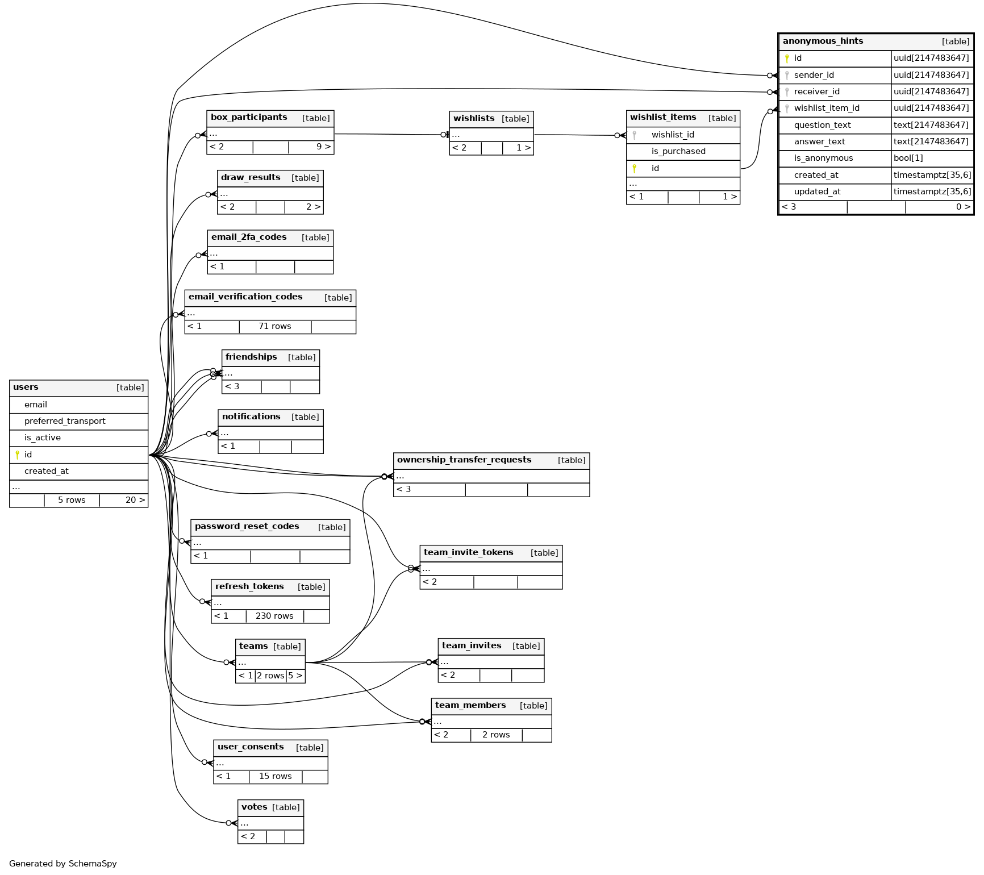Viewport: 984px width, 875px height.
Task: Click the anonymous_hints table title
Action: [823, 41]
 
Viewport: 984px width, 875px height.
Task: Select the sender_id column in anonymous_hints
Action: [814, 75]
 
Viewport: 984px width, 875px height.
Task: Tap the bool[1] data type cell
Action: [908, 158]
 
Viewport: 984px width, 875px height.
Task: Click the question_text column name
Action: [822, 125]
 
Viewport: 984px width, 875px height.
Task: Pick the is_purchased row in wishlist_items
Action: [678, 151]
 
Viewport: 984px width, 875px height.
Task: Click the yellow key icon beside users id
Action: [18, 455]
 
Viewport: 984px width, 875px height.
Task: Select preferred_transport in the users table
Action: [65, 421]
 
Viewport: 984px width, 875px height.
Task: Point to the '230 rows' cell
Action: [274, 616]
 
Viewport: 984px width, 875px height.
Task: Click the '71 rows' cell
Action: [274, 326]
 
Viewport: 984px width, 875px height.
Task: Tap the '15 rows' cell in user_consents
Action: [275, 776]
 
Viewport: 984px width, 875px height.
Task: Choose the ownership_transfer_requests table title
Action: [464, 460]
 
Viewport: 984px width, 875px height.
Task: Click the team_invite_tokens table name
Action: [468, 552]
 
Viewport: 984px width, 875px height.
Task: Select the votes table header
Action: [254, 807]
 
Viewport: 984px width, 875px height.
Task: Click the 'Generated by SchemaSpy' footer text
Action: [63, 864]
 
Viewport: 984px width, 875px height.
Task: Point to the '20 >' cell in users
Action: [135, 500]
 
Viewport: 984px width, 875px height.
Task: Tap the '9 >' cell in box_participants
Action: [323, 147]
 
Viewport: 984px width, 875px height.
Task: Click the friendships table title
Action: [251, 357]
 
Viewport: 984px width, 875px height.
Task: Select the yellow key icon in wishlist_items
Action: [634, 168]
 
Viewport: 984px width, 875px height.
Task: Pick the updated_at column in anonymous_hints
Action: [817, 191]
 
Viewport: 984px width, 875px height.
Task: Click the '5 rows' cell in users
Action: [72, 500]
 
